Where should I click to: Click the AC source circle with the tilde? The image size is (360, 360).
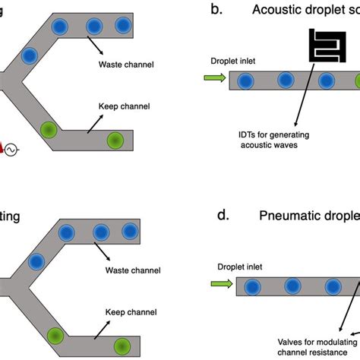(11, 150)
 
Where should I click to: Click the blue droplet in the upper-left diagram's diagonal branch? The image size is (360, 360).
(30, 55)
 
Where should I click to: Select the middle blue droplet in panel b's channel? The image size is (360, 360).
(286, 80)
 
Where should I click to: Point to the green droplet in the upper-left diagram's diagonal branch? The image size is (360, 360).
(49, 129)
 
